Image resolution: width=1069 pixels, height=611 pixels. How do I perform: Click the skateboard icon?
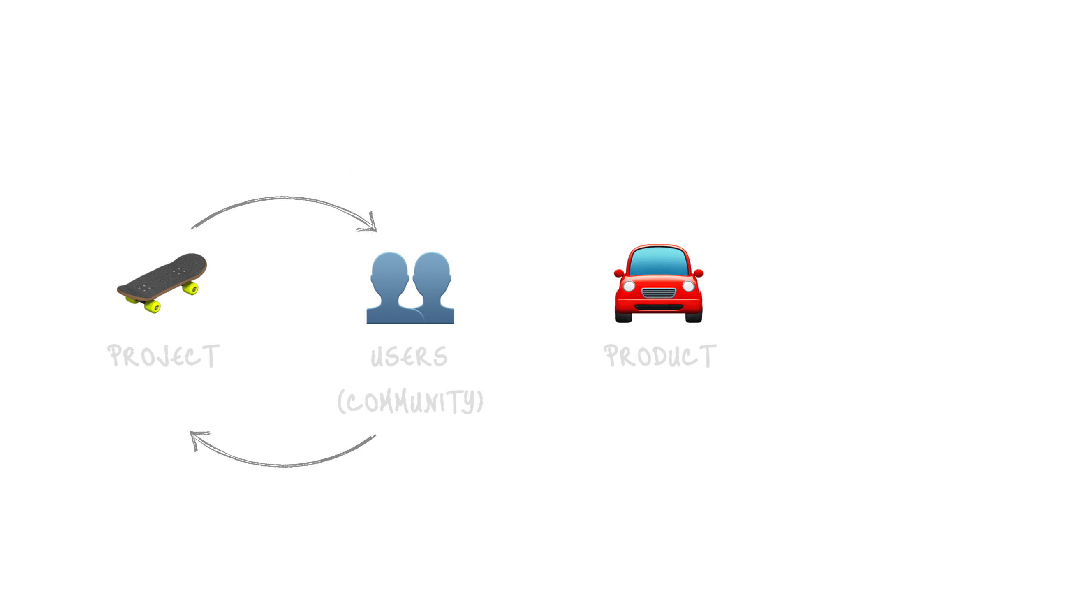click(162, 282)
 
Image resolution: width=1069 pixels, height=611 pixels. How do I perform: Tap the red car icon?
click(659, 283)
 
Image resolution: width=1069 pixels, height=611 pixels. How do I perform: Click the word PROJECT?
click(164, 356)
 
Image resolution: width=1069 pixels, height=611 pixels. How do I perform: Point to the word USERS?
click(409, 357)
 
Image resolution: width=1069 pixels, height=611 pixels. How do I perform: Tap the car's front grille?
click(659, 293)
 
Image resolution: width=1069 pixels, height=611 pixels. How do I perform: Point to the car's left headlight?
click(629, 286)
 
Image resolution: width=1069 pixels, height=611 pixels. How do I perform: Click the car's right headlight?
click(688, 286)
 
